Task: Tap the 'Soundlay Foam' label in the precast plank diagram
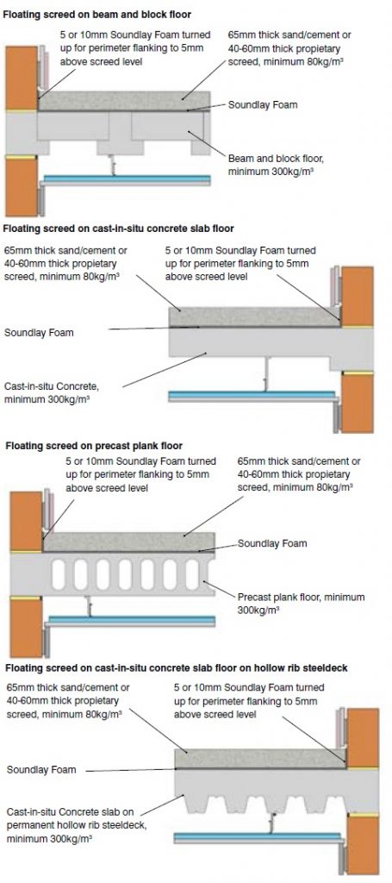pos(272,544)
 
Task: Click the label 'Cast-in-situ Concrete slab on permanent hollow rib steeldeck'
pos(69,824)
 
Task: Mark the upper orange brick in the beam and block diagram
pos(19,73)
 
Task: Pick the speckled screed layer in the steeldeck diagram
pos(258,758)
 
